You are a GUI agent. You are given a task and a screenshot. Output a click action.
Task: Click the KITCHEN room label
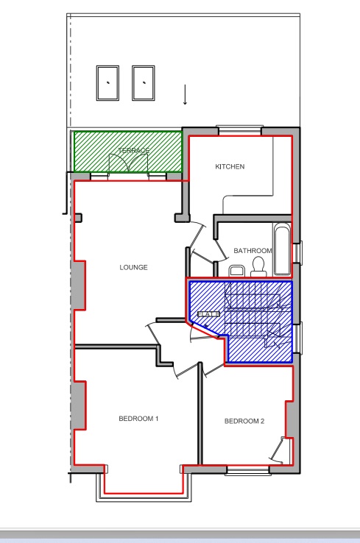click(230, 167)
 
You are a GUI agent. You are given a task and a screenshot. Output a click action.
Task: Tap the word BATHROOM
click(253, 251)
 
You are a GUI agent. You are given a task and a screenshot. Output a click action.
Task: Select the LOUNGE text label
click(134, 268)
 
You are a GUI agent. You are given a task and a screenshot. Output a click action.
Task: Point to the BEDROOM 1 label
click(138, 419)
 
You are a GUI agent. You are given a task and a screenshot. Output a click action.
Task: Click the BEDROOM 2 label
click(244, 422)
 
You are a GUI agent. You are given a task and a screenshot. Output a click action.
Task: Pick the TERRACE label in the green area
click(134, 151)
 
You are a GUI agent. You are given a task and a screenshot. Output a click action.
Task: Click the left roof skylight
click(107, 83)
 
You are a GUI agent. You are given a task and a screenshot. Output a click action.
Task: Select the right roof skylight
click(144, 83)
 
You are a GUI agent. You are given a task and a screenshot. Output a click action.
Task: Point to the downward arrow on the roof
click(185, 94)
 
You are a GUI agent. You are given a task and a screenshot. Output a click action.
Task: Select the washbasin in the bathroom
click(236, 271)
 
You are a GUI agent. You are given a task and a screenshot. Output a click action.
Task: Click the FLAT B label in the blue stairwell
click(208, 315)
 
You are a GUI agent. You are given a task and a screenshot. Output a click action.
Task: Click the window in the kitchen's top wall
click(240, 132)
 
